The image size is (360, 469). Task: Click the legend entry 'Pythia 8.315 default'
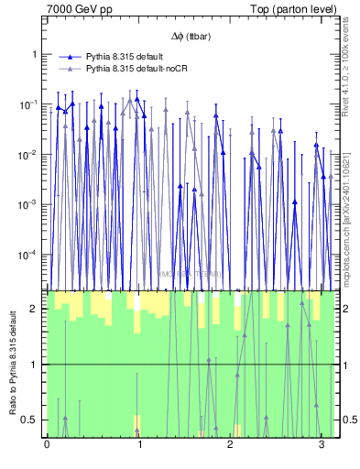tap(127, 57)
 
